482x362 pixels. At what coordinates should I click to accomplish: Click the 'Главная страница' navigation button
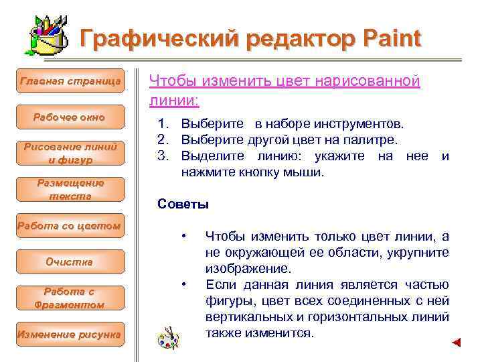click(70, 81)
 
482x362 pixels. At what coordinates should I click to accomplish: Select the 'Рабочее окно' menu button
click(70, 118)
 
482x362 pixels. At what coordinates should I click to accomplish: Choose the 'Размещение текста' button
click(70, 189)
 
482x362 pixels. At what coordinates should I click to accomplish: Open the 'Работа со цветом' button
click(70, 226)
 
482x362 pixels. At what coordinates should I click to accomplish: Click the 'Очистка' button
click(70, 262)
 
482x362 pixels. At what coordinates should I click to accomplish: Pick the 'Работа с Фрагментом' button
click(70, 298)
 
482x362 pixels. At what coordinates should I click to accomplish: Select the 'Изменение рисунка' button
click(70, 334)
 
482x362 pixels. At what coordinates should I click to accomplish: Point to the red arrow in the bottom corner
click(456, 343)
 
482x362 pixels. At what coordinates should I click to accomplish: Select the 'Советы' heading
click(183, 204)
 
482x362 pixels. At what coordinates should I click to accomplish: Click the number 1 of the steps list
click(161, 125)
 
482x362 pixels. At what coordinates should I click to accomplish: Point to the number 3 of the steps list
click(161, 156)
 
